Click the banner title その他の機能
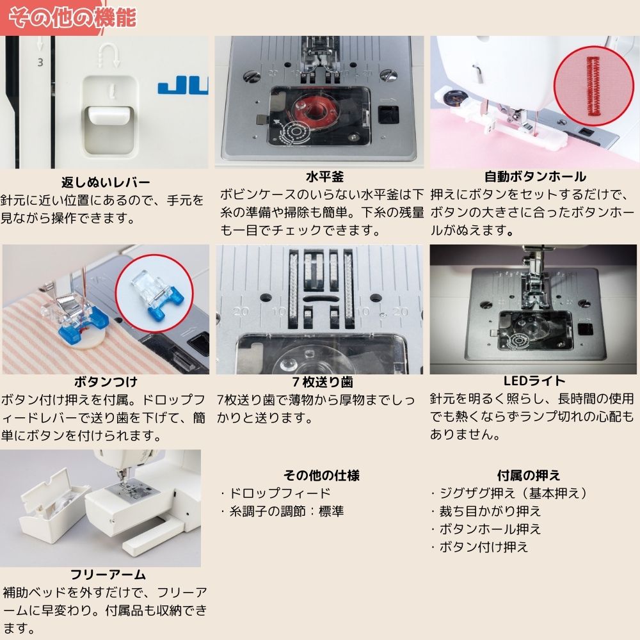point(73,18)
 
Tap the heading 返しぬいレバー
point(106,182)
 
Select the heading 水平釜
point(324,177)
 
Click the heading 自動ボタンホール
point(534,177)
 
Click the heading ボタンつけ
point(106,381)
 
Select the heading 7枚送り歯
point(323,381)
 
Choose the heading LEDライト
point(534,381)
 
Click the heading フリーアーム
point(108,575)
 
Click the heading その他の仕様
point(322,476)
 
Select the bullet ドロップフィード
point(275,493)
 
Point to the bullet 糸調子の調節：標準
point(282,511)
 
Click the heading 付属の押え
point(529,476)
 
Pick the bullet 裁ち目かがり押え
point(486,511)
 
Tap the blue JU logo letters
point(183,88)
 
